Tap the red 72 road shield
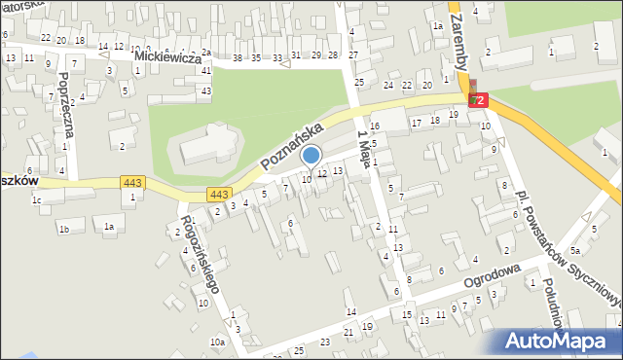click(477, 100)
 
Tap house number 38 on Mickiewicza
click(238, 58)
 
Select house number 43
click(205, 90)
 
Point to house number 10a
click(217, 342)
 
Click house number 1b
click(63, 229)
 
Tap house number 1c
click(36, 200)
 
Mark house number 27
click(352, 54)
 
